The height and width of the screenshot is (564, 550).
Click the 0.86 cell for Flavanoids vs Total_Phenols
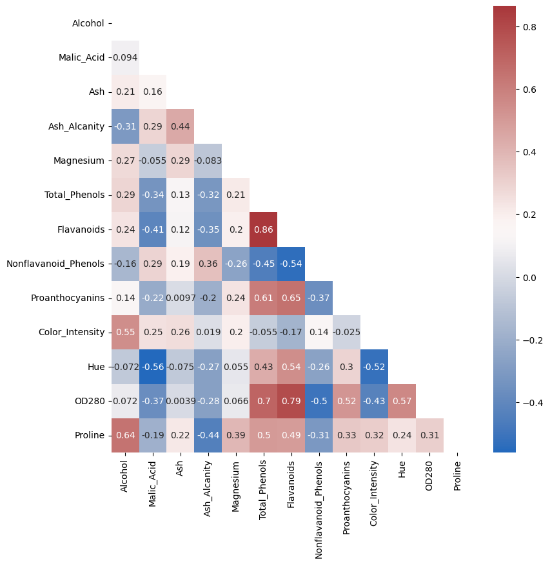click(263, 229)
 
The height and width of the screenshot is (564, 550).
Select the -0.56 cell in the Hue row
click(153, 367)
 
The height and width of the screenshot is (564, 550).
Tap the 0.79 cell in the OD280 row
click(291, 401)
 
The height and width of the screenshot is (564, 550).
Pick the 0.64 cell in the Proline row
click(125, 435)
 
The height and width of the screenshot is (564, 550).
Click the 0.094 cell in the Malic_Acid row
click(125, 57)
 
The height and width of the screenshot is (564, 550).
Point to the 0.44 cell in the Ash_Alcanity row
click(181, 126)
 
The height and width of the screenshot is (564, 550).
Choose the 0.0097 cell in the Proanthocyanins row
click(181, 298)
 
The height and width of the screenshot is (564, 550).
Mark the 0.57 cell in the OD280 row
click(402, 401)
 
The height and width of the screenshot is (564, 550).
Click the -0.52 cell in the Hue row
click(374, 367)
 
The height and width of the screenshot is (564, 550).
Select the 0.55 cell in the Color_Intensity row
click(125, 332)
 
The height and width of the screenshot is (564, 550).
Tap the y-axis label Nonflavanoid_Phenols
click(55, 264)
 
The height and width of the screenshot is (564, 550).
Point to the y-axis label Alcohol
click(88, 23)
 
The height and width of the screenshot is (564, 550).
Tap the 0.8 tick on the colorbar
click(530, 27)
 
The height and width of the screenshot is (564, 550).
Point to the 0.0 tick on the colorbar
click(530, 278)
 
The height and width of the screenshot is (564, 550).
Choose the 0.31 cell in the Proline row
click(429, 435)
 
